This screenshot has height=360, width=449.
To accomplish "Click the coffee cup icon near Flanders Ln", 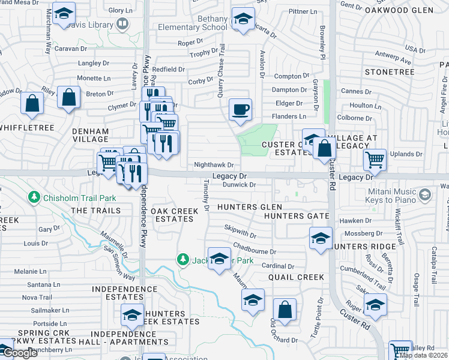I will [x=240, y=110].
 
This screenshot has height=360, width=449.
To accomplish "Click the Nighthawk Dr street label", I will [x=213, y=164].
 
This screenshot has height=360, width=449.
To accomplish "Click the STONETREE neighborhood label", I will [x=390, y=72].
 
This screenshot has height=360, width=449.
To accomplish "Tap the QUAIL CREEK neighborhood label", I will [x=296, y=277].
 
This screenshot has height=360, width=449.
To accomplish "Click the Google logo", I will [x=20, y=353].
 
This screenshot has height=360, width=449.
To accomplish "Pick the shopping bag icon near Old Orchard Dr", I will [x=285, y=310].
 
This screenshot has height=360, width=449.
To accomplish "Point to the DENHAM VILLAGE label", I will [x=90, y=135].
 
